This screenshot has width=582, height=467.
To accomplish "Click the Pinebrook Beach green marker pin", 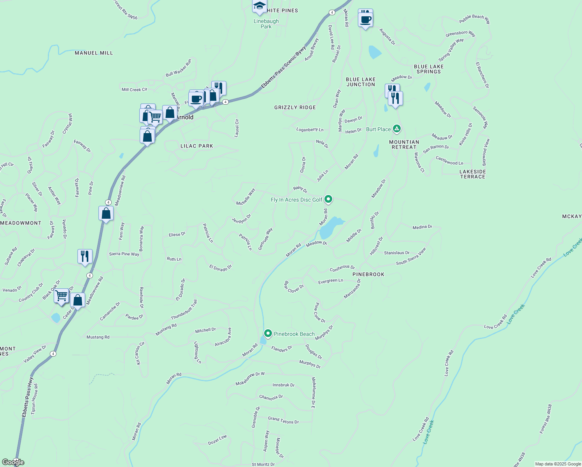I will click(268, 334).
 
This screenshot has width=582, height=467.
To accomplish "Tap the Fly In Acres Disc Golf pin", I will click(328, 199).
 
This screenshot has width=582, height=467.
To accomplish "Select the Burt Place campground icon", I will click(396, 128).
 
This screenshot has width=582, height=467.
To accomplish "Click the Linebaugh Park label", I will click(266, 24).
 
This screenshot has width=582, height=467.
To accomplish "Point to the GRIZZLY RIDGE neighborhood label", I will click(295, 107).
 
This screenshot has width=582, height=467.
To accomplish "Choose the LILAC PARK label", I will click(197, 146).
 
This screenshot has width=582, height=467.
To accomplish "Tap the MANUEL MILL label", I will click(94, 53).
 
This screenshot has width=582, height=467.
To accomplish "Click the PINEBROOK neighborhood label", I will click(368, 274).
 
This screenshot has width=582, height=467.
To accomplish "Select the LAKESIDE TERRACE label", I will click(473, 174).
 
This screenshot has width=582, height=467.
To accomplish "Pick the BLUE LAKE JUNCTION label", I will click(361, 82).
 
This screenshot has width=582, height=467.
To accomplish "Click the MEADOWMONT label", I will click(21, 223).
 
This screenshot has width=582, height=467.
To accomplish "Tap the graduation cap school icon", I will click(259, 6).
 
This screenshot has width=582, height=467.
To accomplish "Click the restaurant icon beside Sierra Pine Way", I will click(85, 256).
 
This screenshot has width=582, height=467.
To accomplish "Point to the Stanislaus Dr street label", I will click(397, 253).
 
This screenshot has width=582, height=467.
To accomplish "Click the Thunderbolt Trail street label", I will click(184, 310).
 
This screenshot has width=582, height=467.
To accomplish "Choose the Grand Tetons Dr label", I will click(283, 420).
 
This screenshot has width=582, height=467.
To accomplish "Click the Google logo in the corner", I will click(13, 462).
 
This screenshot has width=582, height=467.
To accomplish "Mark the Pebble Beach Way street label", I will click(475, 19).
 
